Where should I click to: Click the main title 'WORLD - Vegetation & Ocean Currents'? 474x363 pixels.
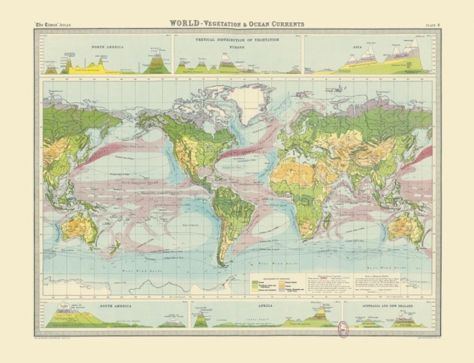[236, 24]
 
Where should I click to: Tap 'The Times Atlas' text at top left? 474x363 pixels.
[53, 25]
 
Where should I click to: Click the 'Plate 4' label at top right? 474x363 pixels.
[432, 25]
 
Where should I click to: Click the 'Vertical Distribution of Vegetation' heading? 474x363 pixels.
[236, 40]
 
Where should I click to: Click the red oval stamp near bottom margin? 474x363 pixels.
[343, 329]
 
